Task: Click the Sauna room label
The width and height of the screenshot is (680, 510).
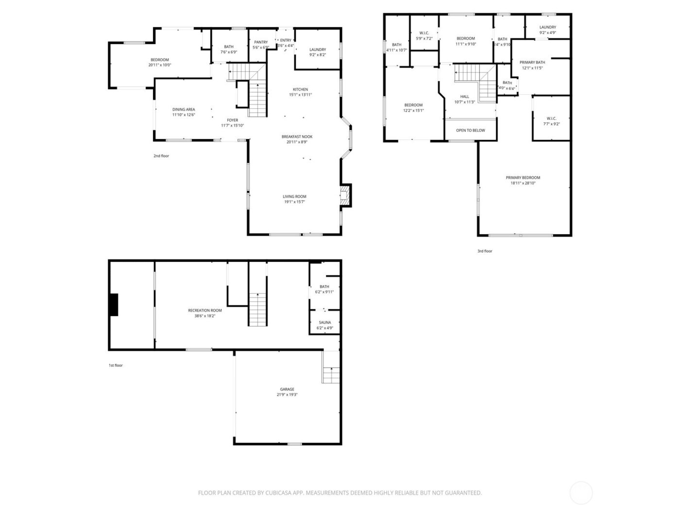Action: [x=325, y=323]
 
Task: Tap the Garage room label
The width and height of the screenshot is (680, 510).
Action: [x=287, y=390]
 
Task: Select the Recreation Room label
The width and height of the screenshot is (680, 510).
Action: [x=205, y=310]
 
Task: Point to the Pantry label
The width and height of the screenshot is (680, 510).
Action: [x=261, y=42]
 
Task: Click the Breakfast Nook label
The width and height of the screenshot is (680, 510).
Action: [x=297, y=137]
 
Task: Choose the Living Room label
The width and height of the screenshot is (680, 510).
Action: [x=294, y=197]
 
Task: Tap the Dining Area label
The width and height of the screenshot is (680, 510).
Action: [x=184, y=110]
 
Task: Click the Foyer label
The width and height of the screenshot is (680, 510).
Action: [x=233, y=120]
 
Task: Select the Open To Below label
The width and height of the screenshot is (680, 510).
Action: [x=470, y=130]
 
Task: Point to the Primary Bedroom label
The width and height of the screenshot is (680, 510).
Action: [x=523, y=178]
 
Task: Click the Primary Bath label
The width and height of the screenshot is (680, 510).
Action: [x=532, y=63]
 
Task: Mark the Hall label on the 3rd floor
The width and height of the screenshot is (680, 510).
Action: [x=464, y=97]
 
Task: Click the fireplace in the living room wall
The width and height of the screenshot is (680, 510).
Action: [x=345, y=195]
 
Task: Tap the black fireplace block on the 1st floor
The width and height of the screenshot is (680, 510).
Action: [x=113, y=305]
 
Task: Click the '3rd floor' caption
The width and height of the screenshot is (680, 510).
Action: [x=484, y=251]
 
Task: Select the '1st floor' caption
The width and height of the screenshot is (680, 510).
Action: [x=116, y=365]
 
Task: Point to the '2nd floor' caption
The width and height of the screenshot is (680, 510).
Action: [x=161, y=156]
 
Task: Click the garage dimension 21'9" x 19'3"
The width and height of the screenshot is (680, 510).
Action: [x=287, y=395]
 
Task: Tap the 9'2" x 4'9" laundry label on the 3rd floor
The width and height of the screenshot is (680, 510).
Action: [x=547, y=33]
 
